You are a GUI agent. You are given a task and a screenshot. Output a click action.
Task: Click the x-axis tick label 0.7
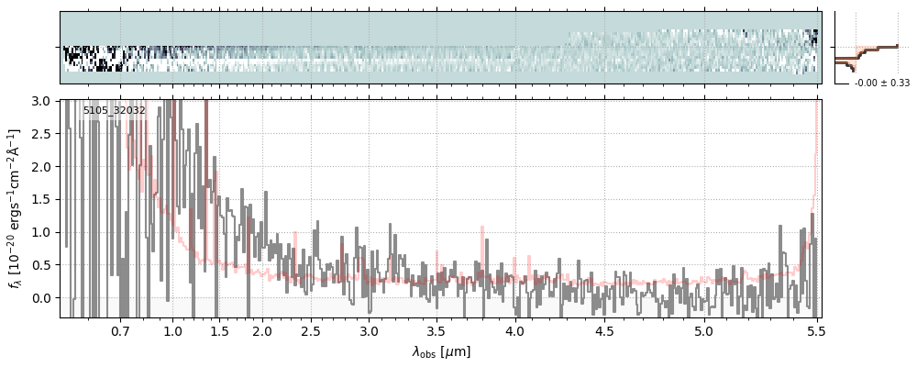(120, 330)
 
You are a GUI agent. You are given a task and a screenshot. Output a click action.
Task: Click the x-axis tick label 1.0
(172, 330)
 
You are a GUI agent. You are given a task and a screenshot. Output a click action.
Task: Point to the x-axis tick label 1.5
(220, 330)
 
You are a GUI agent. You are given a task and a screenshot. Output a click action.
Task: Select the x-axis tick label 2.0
(262, 330)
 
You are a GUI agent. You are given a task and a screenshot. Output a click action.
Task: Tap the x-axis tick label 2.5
(311, 330)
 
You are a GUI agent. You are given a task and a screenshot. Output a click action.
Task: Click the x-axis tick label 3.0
(369, 330)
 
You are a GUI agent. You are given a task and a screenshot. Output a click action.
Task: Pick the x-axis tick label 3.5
(436, 330)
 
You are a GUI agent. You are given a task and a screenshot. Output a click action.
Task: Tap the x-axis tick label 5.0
(703, 330)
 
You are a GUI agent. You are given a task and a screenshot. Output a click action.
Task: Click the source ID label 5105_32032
(114, 111)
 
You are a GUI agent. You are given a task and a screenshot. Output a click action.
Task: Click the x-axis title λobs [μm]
(441, 350)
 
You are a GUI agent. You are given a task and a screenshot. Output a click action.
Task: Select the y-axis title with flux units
(16, 209)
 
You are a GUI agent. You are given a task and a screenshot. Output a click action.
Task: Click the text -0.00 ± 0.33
(881, 83)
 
